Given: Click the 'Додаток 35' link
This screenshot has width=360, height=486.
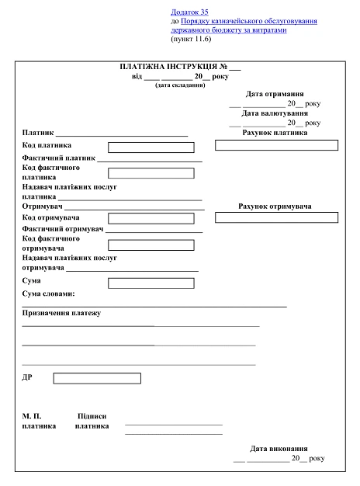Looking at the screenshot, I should pyautogui.click(x=189, y=12).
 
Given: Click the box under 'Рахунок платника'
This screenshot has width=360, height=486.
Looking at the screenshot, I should pyautogui.click(x=276, y=145).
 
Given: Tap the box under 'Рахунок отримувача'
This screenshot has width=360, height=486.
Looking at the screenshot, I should pyautogui.click(x=276, y=218).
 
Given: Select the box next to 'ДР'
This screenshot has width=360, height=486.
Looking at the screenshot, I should pyautogui.click(x=97, y=378).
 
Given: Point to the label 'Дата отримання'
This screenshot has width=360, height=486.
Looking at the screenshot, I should pyautogui.click(x=275, y=94).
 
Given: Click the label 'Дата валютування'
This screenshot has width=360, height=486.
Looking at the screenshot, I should pyautogui.click(x=275, y=113).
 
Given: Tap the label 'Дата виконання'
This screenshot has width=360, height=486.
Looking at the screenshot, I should pyautogui.click(x=279, y=449).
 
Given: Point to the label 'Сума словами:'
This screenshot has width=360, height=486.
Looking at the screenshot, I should pyautogui.click(x=49, y=294).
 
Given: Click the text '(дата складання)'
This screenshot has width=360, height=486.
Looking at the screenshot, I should pyautogui.click(x=180, y=85).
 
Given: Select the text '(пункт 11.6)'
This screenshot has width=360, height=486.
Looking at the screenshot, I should pyautogui.click(x=191, y=39).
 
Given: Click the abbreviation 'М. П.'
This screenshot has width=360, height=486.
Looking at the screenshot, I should pyautogui.click(x=32, y=416).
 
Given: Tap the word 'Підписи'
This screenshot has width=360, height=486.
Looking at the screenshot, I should pyautogui.click(x=92, y=416).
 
